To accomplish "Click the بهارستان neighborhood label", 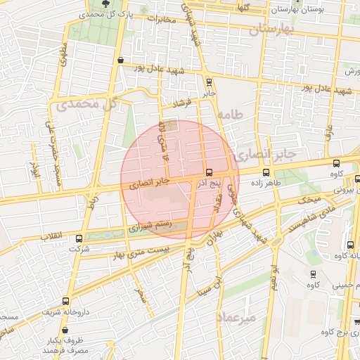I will [269, 30].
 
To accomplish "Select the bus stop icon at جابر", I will [210, 82].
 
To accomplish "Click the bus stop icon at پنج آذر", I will [210, 172].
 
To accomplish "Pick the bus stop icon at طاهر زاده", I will [266, 172].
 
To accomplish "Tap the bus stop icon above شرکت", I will [79, 238].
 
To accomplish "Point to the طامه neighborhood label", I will [229, 114].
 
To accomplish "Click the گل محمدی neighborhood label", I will [89, 104].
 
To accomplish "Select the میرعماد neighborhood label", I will [239, 317].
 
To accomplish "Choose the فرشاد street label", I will [183, 104].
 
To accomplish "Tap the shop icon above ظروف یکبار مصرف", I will [65, 329].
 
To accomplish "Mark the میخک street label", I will [307, 200].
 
